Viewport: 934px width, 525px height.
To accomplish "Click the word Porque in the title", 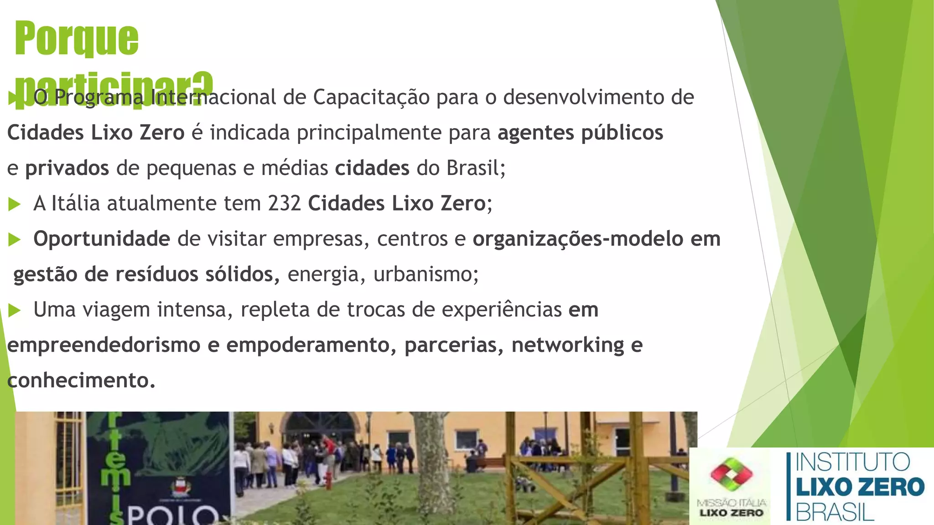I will pyautogui.click(x=77, y=39).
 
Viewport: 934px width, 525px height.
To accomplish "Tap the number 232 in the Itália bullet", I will pyautogui.click(x=284, y=203).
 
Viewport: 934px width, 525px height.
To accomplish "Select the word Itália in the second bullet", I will pyautogui.click(x=75, y=203).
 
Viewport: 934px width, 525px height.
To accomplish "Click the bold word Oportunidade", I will pyautogui.click(x=102, y=239).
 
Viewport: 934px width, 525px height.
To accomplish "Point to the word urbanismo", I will pyautogui.click(x=425, y=274).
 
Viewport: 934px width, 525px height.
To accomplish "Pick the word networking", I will pyautogui.click(x=567, y=345).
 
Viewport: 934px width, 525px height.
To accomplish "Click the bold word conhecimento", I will pyautogui.click(x=81, y=381).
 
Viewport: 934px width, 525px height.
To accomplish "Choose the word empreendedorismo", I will pyautogui.click(x=104, y=345).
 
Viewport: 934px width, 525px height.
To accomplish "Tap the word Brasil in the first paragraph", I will pyautogui.click(x=475, y=168).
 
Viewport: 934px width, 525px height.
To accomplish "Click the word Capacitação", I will pyautogui.click(x=371, y=97).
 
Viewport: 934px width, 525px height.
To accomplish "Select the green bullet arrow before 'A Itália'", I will pyautogui.click(x=15, y=204).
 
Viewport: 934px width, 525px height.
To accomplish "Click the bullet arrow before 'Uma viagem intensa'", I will pyautogui.click(x=15, y=311).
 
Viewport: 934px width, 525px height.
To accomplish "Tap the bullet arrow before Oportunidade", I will pyautogui.click(x=15, y=240).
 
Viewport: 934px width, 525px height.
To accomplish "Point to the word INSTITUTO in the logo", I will pyautogui.click(x=853, y=463).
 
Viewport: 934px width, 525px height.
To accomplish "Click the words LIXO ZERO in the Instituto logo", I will pyautogui.click(x=860, y=487).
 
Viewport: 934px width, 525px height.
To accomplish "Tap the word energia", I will pyautogui.click(x=323, y=274).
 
